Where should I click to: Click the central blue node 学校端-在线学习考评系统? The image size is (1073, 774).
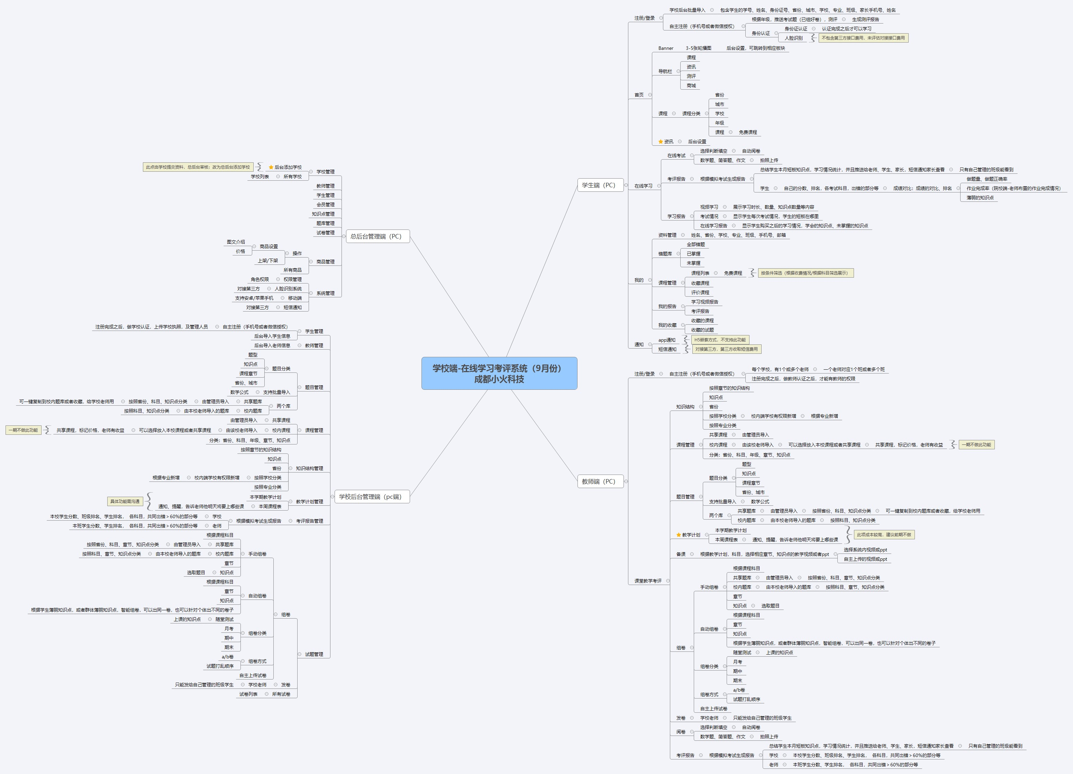499,373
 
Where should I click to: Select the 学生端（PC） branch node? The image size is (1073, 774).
599,185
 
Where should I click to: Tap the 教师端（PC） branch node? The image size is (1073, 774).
599,481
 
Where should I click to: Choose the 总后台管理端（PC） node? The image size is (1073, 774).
376,236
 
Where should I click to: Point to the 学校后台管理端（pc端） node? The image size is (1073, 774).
370,497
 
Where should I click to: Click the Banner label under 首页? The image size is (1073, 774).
666,48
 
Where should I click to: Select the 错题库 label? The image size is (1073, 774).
665,254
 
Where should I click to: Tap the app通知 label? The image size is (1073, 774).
667,340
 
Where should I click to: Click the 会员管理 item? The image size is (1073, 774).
326,205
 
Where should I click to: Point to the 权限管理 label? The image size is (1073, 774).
292,279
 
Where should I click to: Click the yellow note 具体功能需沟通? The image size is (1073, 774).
125,501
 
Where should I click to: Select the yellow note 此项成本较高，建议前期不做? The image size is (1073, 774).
884,534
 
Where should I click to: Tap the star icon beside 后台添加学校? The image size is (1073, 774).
271,167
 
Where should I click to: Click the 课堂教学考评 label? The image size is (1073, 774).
648,581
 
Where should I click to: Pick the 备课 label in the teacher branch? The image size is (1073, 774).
681,554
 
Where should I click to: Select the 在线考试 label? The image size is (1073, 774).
676,156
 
